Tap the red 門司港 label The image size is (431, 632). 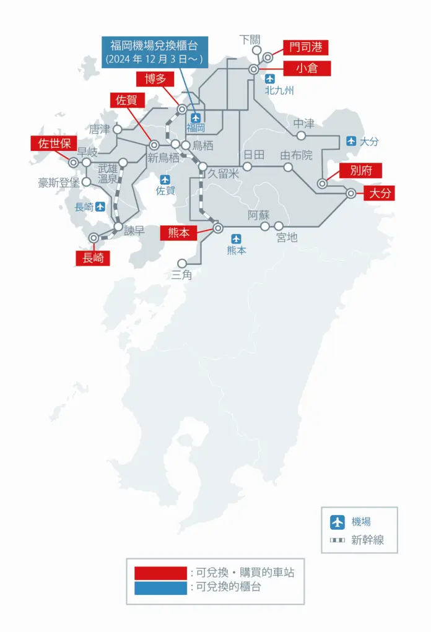[x=306, y=48]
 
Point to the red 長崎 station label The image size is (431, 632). [x=92, y=258]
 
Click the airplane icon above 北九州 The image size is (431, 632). [x=269, y=79]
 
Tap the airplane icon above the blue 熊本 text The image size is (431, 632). [x=236, y=239]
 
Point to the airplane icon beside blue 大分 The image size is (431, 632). [x=351, y=141]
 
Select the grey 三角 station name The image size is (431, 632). [x=182, y=275]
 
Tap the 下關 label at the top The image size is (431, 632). [x=250, y=40]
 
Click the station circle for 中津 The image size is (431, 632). [x=301, y=136]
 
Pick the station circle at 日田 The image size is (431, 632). [x=247, y=167]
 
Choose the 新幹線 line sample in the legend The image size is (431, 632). [x=337, y=540]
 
